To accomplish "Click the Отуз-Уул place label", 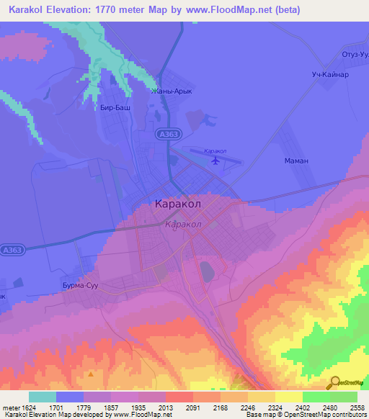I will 355,55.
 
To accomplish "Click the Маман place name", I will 296,161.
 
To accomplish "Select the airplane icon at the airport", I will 215,160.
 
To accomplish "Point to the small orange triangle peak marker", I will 91,374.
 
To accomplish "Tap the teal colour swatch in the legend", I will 43,397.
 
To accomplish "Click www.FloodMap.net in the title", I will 222,10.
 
